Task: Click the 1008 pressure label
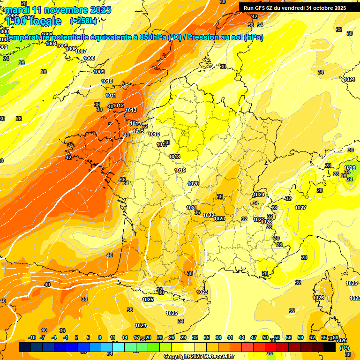click(89, 58)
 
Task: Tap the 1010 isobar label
click(107, 81)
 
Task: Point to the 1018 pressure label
click(174, 157)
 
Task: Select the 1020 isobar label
click(193, 184)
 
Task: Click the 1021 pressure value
click(191, 208)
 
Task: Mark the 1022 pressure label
click(209, 215)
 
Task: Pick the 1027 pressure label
click(300, 208)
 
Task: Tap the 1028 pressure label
click(350, 168)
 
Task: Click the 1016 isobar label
click(154, 134)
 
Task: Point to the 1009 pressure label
click(99, 72)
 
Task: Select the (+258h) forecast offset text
click(83, 21)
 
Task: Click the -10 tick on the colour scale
click(32, 337)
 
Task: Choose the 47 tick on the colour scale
click(254, 337)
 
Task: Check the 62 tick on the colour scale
click(312, 337)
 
